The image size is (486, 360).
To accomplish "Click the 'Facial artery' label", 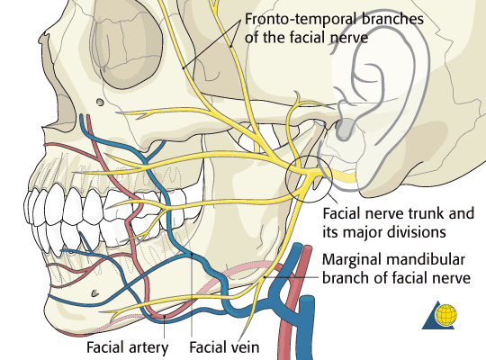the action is click(128, 347).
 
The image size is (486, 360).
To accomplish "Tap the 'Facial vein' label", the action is click(224, 347).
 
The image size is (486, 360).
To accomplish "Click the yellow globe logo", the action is click(446, 315).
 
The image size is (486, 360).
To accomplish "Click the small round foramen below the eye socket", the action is click(100, 102).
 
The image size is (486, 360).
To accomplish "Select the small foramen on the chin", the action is click(94, 292).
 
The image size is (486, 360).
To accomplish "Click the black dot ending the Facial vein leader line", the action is click(193, 255).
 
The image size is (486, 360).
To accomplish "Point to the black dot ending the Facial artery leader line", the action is click(165, 316).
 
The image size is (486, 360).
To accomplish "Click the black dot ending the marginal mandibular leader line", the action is click(265, 276).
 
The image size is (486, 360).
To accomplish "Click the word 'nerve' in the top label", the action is click(349, 38).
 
